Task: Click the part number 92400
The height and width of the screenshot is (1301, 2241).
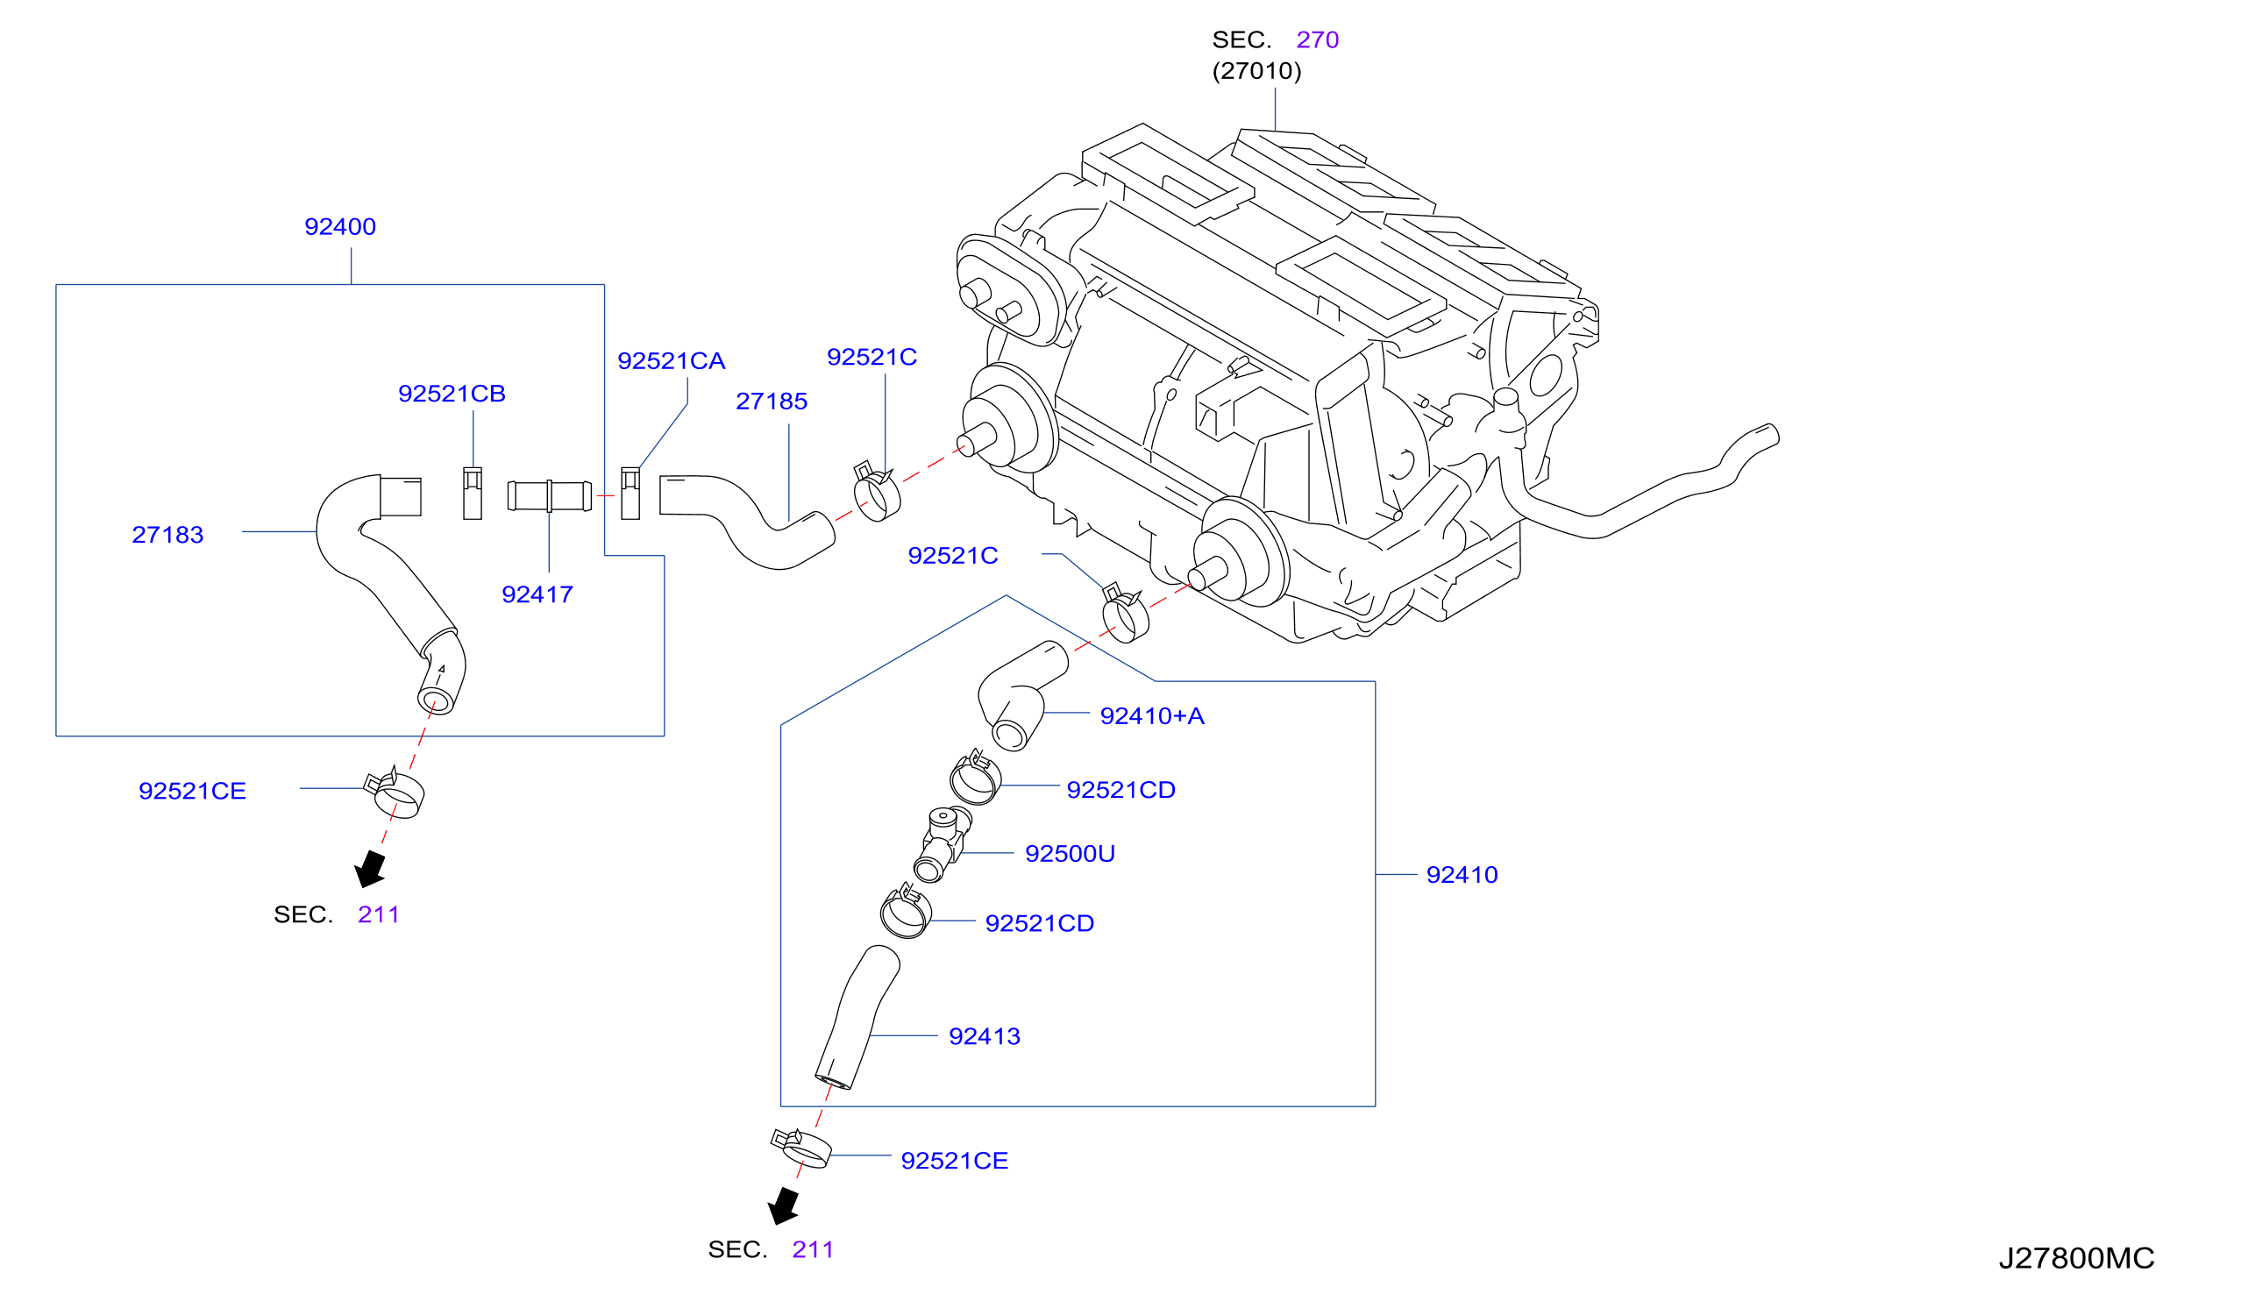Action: pos(339,227)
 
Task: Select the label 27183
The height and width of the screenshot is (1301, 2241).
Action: pos(167,535)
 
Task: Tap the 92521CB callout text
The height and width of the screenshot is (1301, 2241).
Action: pos(452,393)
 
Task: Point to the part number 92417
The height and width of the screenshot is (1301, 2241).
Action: pos(537,594)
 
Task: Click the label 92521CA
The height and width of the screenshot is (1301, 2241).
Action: pos(672,361)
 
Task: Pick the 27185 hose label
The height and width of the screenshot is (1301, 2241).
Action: pos(771,401)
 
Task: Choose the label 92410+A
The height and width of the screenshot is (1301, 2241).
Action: pos(1152,716)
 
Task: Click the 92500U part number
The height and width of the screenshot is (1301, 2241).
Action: pos(1069,854)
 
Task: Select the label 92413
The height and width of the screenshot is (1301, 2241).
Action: pos(984,1036)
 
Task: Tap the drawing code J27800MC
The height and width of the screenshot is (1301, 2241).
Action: pos(2075,1258)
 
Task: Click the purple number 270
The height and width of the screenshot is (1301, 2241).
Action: pos(1317,40)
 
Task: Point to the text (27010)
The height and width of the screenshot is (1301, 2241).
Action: pos(1256,71)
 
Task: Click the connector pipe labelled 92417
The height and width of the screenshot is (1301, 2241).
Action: pos(549,495)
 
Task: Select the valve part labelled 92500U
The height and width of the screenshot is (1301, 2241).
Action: pos(943,842)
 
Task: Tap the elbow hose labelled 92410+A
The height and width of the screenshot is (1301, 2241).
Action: pos(1022,694)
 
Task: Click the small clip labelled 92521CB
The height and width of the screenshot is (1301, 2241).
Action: pos(473,494)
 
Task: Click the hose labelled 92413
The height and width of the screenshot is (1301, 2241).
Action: pos(857,1015)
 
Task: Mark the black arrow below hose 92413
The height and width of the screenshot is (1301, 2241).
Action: pos(785,1206)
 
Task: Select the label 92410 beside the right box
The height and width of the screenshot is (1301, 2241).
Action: pos(1461,875)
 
